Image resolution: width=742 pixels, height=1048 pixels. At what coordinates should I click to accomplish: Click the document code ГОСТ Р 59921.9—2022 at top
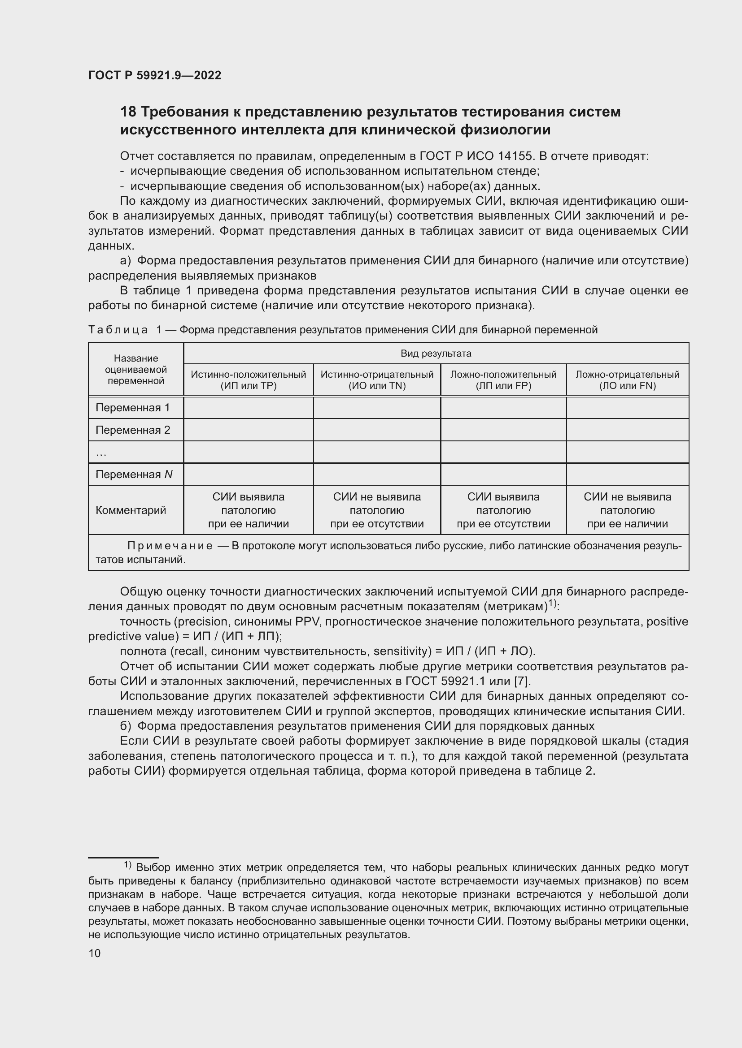coord(154,75)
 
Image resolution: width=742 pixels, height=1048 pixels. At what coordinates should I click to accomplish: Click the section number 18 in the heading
coord(128,112)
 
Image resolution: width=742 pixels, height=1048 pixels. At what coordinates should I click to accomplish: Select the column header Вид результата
coord(436,353)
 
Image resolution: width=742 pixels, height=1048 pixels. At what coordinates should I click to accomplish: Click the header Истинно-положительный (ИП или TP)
coord(248,380)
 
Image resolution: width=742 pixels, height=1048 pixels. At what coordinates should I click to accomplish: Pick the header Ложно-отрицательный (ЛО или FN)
coord(627,380)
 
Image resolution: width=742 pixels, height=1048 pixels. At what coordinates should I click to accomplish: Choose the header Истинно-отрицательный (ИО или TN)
coord(376,380)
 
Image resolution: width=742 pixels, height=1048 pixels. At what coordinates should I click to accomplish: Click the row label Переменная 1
coord(132,408)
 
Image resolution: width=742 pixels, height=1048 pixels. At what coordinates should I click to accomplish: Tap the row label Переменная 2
coord(132,430)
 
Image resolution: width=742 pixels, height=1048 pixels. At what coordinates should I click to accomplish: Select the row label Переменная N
coord(133,474)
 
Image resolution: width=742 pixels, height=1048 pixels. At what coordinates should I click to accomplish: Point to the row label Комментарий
coord(130,510)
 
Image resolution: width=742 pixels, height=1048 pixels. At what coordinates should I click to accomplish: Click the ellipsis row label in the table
coord(101,453)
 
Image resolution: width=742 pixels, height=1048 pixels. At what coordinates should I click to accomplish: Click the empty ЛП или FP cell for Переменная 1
coord(503,408)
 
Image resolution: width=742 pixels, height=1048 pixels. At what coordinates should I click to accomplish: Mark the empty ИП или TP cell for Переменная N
coord(248,474)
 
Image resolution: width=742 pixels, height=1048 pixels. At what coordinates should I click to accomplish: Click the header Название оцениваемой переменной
coord(135,369)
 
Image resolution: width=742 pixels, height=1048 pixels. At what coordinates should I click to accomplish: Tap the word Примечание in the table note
coord(170,546)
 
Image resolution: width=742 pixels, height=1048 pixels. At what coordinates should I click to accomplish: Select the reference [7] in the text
coord(521,681)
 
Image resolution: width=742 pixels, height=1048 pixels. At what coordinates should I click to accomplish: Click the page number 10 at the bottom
coord(95,953)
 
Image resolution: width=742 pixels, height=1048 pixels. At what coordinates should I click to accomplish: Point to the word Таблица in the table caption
coord(118,330)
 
